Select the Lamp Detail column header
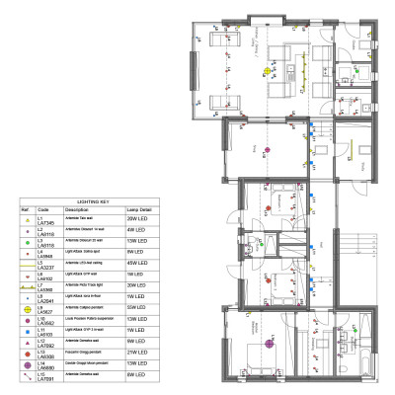pyautogui.click(x=139, y=209)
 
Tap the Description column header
pyautogui.click(x=77, y=209)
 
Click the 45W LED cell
pyautogui.click(x=138, y=264)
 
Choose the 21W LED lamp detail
pyautogui.click(x=138, y=353)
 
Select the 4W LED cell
pyautogui.click(x=138, y=230)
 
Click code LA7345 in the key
pyautogui.click(x=46, y=224)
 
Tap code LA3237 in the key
pyautogui.click(x=46, y=268)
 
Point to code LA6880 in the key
pyautogui.click(x=46, y=367)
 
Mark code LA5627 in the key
pyautogui.click(x=46, y=312)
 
